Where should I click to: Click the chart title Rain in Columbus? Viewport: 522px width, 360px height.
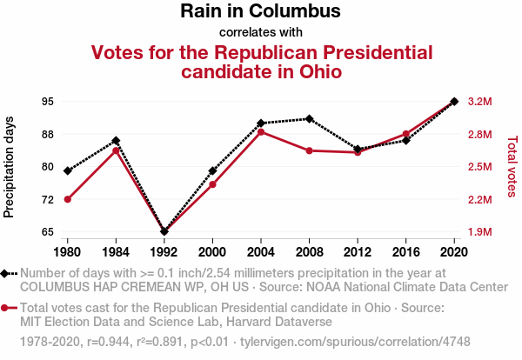(x=260, y=12)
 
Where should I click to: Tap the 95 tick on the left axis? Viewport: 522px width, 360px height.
(x=47, y=102)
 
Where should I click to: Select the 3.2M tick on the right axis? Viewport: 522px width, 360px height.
(x=479, y=102)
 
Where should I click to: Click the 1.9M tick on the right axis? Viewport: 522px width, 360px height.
(x=479, y=232)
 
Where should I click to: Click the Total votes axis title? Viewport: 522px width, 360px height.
(x=512, y=165)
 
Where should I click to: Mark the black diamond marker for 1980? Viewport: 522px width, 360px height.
(x=67, y=170)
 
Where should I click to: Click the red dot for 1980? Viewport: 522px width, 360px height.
(x=67, y=200)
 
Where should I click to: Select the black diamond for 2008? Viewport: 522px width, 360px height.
(x=309, y=118)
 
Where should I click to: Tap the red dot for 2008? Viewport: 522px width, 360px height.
(x=309, y=150)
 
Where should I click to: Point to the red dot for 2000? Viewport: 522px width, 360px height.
(x=212, y=184)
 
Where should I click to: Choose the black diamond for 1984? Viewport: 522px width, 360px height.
(x=116, y=141)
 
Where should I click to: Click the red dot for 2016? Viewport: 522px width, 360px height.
(x=405, y=134)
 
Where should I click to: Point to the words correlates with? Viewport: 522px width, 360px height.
(x=260, y=32)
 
